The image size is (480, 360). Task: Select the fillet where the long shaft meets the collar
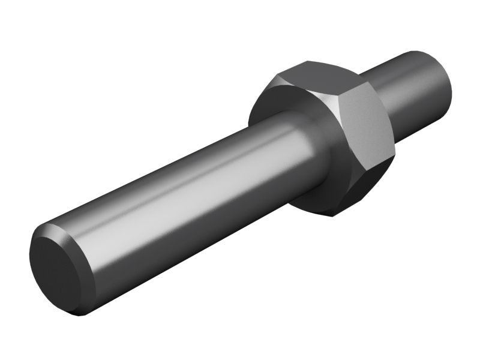312,150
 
